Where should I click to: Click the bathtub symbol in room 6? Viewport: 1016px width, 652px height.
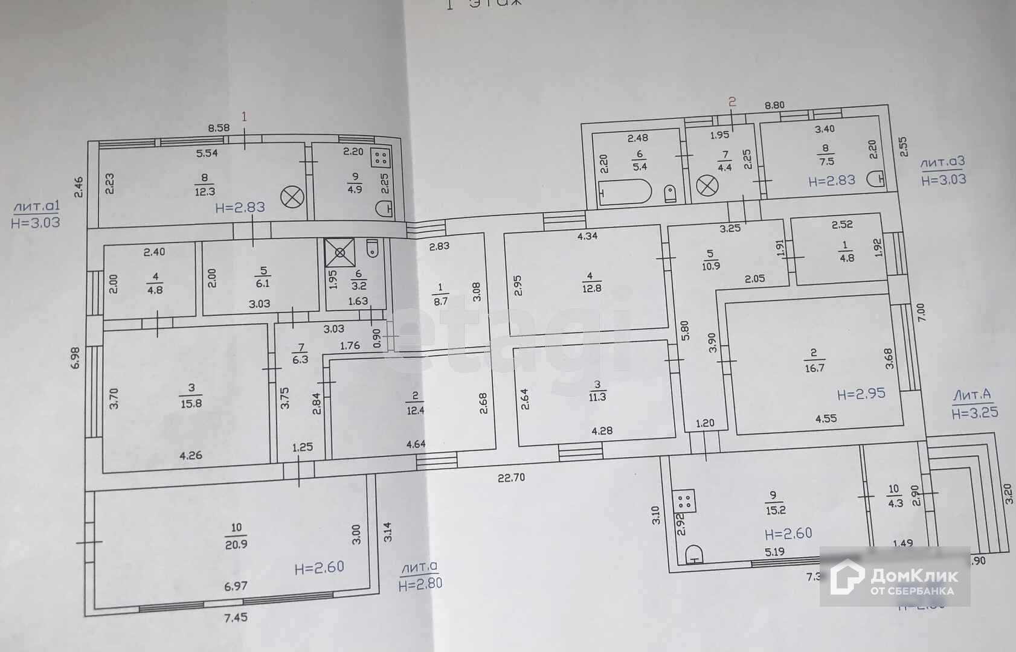click(x=625, y=193)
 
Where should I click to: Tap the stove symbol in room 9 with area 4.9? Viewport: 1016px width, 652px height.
click(x=381, y=158)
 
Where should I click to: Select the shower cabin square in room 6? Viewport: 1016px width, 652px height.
click(x=340, y=252)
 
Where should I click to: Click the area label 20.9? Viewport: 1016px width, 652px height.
click(x=236, y=544)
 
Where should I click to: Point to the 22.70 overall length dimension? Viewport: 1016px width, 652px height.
click(x=511, y=478)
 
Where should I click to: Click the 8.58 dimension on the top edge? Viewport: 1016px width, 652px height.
click(x=219, y=127)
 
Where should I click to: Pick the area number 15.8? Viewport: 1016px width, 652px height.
click(x=191, y=404)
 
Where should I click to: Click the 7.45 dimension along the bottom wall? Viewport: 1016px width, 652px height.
click(x=236, y=617)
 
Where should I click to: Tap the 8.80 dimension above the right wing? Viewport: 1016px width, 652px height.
click(x=774, y=105)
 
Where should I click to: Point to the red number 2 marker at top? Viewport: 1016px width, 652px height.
click(x=733, y=102)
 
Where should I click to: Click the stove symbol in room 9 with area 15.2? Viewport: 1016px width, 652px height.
click(x=684, y=500)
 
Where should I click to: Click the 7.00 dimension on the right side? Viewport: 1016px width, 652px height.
click(x=921, y=312)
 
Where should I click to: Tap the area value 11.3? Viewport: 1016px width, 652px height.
click(x=597, y=396)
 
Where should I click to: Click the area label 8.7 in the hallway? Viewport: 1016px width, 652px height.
click(x=441, y=301)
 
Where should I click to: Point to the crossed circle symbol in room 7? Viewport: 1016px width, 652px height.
click(x=704, y=185)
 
